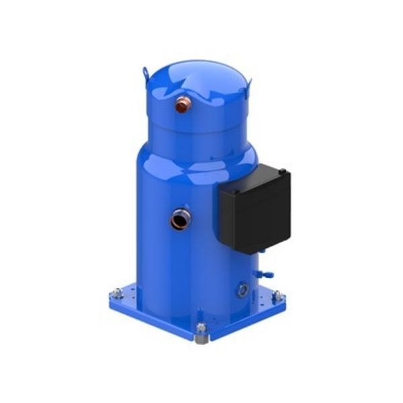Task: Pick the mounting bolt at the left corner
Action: tap(118, 292)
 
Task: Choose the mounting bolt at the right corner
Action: tap(276, 294)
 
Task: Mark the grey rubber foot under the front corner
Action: tap(200, 338)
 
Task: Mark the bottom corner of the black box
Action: tap(247, 253)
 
